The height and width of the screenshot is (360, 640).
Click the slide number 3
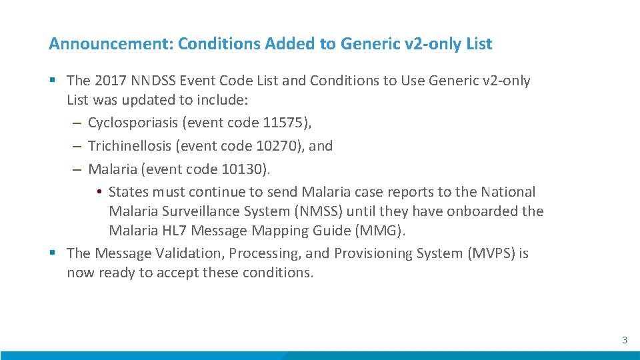pos(625,340)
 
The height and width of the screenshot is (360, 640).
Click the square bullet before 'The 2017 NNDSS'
pos(53,81)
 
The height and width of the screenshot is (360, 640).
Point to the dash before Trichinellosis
pos(77,145)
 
